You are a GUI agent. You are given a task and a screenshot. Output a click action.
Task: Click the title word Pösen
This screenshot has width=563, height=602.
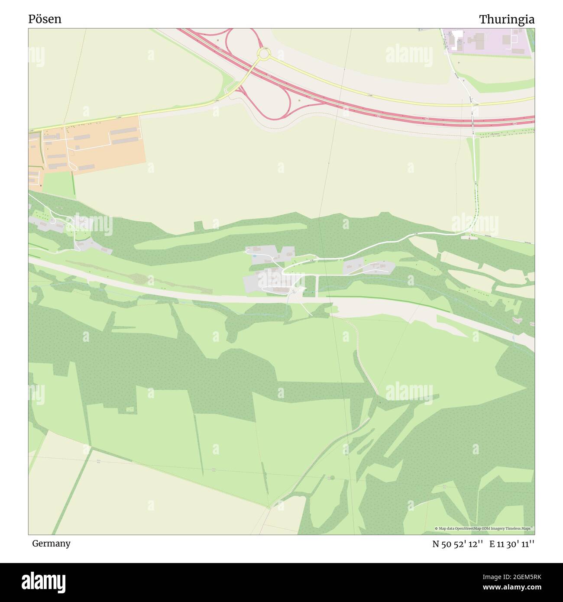[x=45, y=19]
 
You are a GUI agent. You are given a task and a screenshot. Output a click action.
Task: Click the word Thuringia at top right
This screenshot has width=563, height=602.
[x=506, y=19]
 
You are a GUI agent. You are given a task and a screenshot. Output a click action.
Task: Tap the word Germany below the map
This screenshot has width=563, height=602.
[x=51, y=544]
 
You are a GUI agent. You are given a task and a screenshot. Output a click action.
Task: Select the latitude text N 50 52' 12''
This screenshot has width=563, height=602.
[x=457, y=544]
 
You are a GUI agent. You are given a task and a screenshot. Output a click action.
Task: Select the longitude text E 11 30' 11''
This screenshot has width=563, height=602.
[x=511, y=544]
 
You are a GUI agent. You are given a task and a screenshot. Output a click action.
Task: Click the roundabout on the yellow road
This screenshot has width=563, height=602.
[x=263, y=55]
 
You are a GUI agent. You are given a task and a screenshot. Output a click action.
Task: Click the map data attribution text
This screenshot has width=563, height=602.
[x=484, y=528]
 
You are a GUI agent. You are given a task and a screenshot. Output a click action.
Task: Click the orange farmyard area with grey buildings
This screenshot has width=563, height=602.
[x=87, y=145]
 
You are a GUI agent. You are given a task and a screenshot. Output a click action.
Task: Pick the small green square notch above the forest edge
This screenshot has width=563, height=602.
[x=198, y=225]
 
